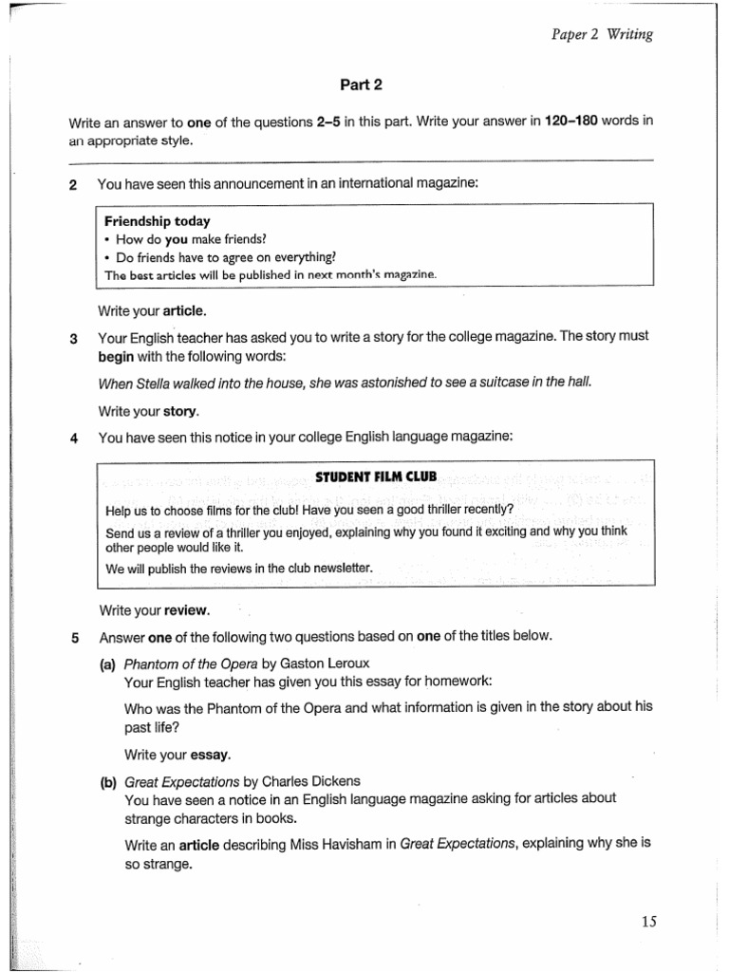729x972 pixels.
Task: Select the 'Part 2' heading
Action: (x=361, y=84)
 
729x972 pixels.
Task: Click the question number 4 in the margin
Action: (x=73, y=437)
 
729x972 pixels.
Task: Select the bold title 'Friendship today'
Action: (x=157, y=221)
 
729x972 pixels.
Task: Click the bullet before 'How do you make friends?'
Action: (x=108, y=239)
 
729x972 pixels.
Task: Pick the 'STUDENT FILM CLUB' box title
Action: (x=375, y=476)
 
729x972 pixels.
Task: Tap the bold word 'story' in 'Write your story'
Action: (x=180, y=411)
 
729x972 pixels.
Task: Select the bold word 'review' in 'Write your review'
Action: (x=186, y=609)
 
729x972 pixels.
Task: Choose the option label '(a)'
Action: (x=107, y=664)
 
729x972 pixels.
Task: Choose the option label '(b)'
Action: (x=107, y=781)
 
